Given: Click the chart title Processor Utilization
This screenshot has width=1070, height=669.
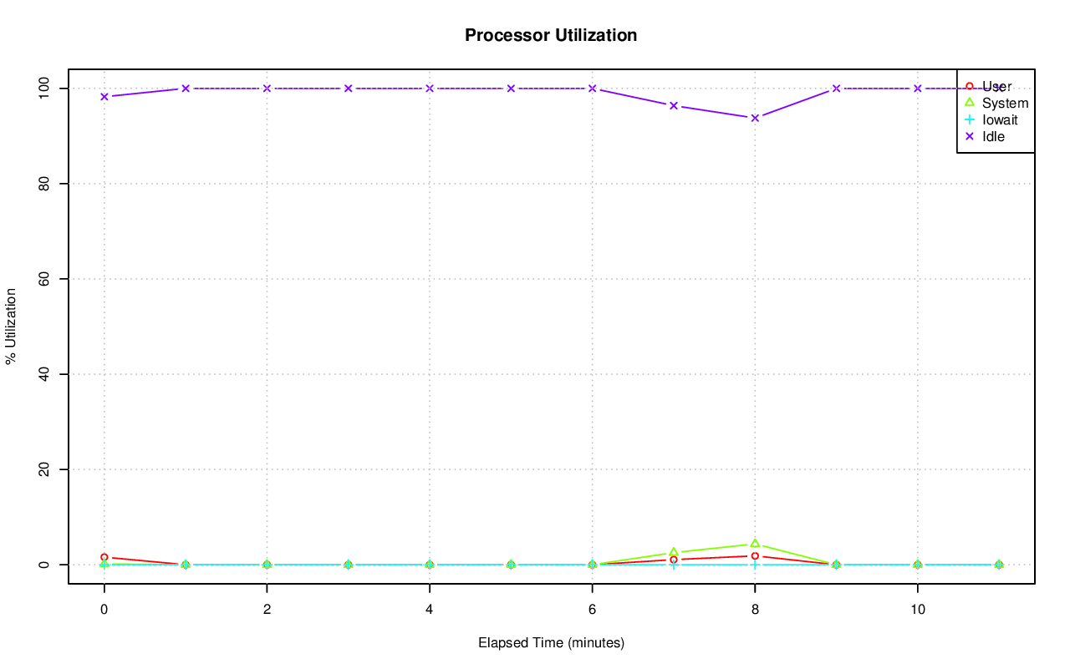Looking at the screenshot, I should point(551,35).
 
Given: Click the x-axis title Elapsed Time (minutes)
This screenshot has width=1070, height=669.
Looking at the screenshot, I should point(551,643).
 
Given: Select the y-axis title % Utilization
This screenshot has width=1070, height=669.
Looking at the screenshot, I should point(12,326).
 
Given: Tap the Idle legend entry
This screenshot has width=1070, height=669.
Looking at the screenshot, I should point(993,136).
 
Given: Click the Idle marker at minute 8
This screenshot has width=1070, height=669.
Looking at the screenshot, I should point(755,118).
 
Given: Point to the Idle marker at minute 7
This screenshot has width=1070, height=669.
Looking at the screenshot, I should point(674,105).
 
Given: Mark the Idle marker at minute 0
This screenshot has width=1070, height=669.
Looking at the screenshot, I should point(104,97).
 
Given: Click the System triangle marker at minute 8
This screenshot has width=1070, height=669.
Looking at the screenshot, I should point(755,544).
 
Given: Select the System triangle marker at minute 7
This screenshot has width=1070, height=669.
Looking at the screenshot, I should point(674,552).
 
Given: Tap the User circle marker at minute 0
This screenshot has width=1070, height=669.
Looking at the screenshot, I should point(104,557).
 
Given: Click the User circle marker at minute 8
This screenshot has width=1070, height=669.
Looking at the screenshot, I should point(755,555).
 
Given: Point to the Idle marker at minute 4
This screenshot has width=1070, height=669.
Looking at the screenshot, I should point(430,89).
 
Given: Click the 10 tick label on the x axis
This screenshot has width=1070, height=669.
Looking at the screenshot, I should point(918,611).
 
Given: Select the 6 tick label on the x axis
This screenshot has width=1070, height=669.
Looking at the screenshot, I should point(592,611).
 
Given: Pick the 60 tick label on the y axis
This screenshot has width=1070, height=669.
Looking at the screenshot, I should point(46,279).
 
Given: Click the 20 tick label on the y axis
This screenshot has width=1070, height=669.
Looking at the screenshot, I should point(46,469).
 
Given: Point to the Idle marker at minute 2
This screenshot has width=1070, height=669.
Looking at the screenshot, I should point(267,89).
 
